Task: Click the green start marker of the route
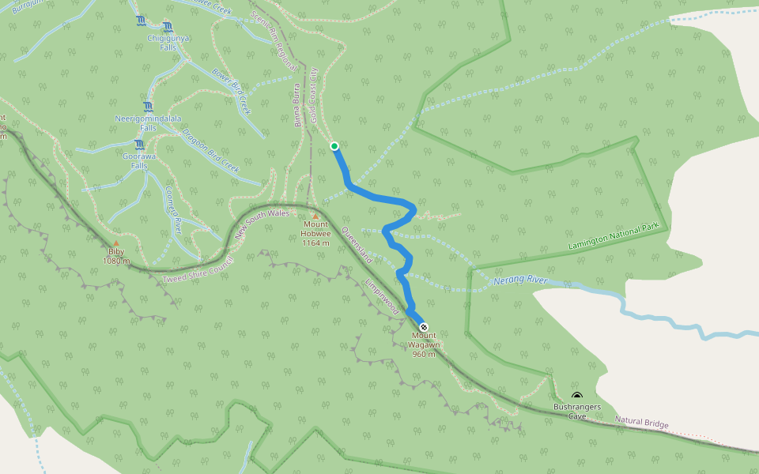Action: [334, 146]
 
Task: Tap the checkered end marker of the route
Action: [424, 327]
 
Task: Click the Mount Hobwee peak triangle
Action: [315, 216]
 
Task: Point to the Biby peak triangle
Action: [116, 243]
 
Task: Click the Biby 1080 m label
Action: [116, 256]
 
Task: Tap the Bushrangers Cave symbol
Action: [577, 397]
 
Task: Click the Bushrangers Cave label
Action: [577, 411]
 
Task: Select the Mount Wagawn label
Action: [424, 344]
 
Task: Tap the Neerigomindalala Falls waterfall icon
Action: [149, 107]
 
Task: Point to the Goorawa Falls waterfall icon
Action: [139, 145]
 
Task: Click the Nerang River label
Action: [520, 280]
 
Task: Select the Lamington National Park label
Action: [613, 237]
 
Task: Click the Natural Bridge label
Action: [641, 423]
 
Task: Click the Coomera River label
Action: [173, 209]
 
